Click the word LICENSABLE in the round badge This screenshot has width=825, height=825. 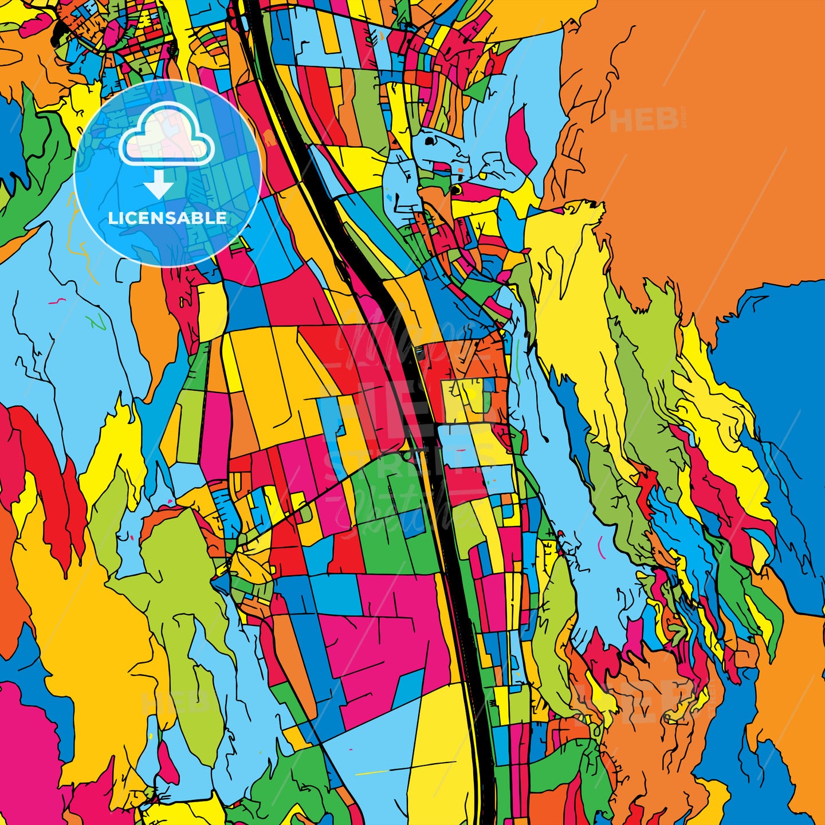tap(167, 218)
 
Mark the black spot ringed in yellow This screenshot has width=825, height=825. tap(456, 188)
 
